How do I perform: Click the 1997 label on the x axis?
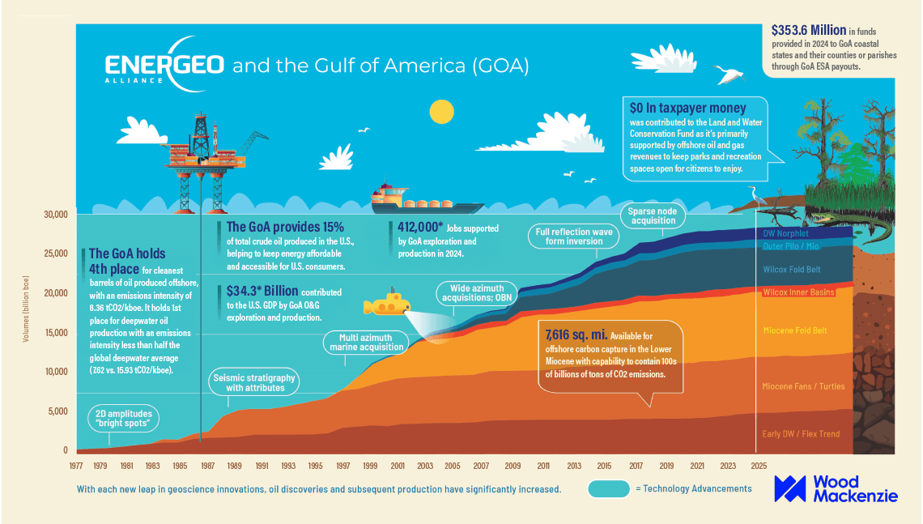pyautogui.click(x=343, y=466)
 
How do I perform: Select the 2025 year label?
pyautogui.click(x=759, y=466)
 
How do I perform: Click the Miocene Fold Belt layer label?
pyautogui.click(x=795, y=330)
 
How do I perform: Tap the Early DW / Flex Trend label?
pyautogui.click(x=801, y=434)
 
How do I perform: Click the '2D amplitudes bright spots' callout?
pyautogui.click(x=122, y=418)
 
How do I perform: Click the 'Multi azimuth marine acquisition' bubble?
pyautogui.click(x=364, y=343)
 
